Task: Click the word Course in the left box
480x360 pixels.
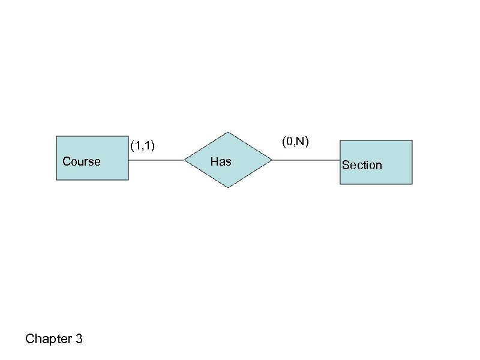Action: pyautogui.click(x=82, y=161)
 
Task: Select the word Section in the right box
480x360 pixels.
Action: pyautogui.click(x=362, y=165)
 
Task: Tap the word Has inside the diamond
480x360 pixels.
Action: pyautogui.click(x=221, y=161)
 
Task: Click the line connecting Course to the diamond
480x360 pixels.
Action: pyautogui.click(x=156, y=160)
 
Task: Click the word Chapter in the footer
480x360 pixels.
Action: pyautogui.click(x=49, y=340)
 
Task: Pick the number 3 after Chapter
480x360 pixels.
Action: pyautogui.click(x=79, y=340)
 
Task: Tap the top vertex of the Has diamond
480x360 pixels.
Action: pyautogui.click(x=227, y=132)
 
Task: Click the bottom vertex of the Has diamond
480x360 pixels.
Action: pyautogui.click(x=227, y=188)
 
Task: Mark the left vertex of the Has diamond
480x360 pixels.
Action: pyautogui.click(x=184, y=160)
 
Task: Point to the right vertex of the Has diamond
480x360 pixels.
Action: pyautogui.click(x=272, y=160)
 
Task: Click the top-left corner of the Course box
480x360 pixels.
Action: pyautogui.click(x=56, y=136)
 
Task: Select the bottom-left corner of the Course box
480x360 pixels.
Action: pyautogui.click(x=56, y=180)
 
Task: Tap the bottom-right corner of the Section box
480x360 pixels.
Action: pyautogui.click(x=412, y=184)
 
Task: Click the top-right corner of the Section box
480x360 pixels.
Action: pyautogui.click(x=412, y=140)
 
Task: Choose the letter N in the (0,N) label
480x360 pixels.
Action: pyautogui.click(x=301, y=142)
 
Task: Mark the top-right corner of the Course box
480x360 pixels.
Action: pyautogui.click(x=128, y=136)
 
